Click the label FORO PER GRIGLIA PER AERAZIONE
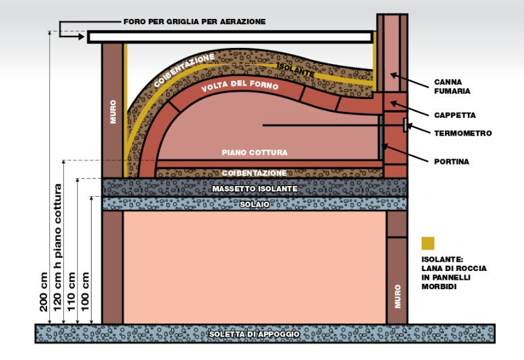click(194, 22)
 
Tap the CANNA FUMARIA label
click(452, 87)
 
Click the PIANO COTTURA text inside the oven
click(255, 152)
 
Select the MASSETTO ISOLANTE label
click(255, 189)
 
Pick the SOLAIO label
click(255, 204)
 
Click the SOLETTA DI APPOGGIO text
click(255, 334)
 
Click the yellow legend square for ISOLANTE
click(428, 243)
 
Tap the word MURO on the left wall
click(112, 112)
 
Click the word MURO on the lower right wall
click(397, 296)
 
